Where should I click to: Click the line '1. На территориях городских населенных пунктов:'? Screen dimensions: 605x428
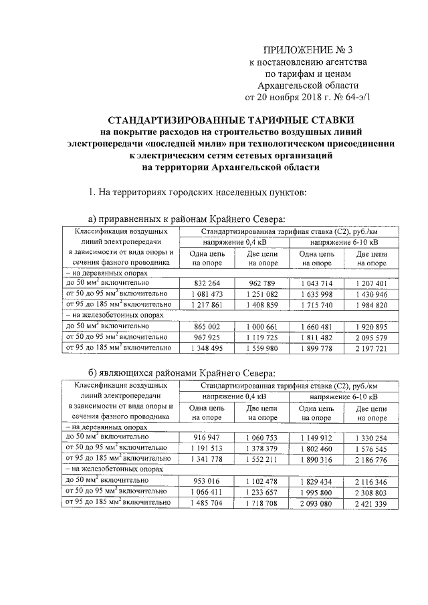tap(197, 193)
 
